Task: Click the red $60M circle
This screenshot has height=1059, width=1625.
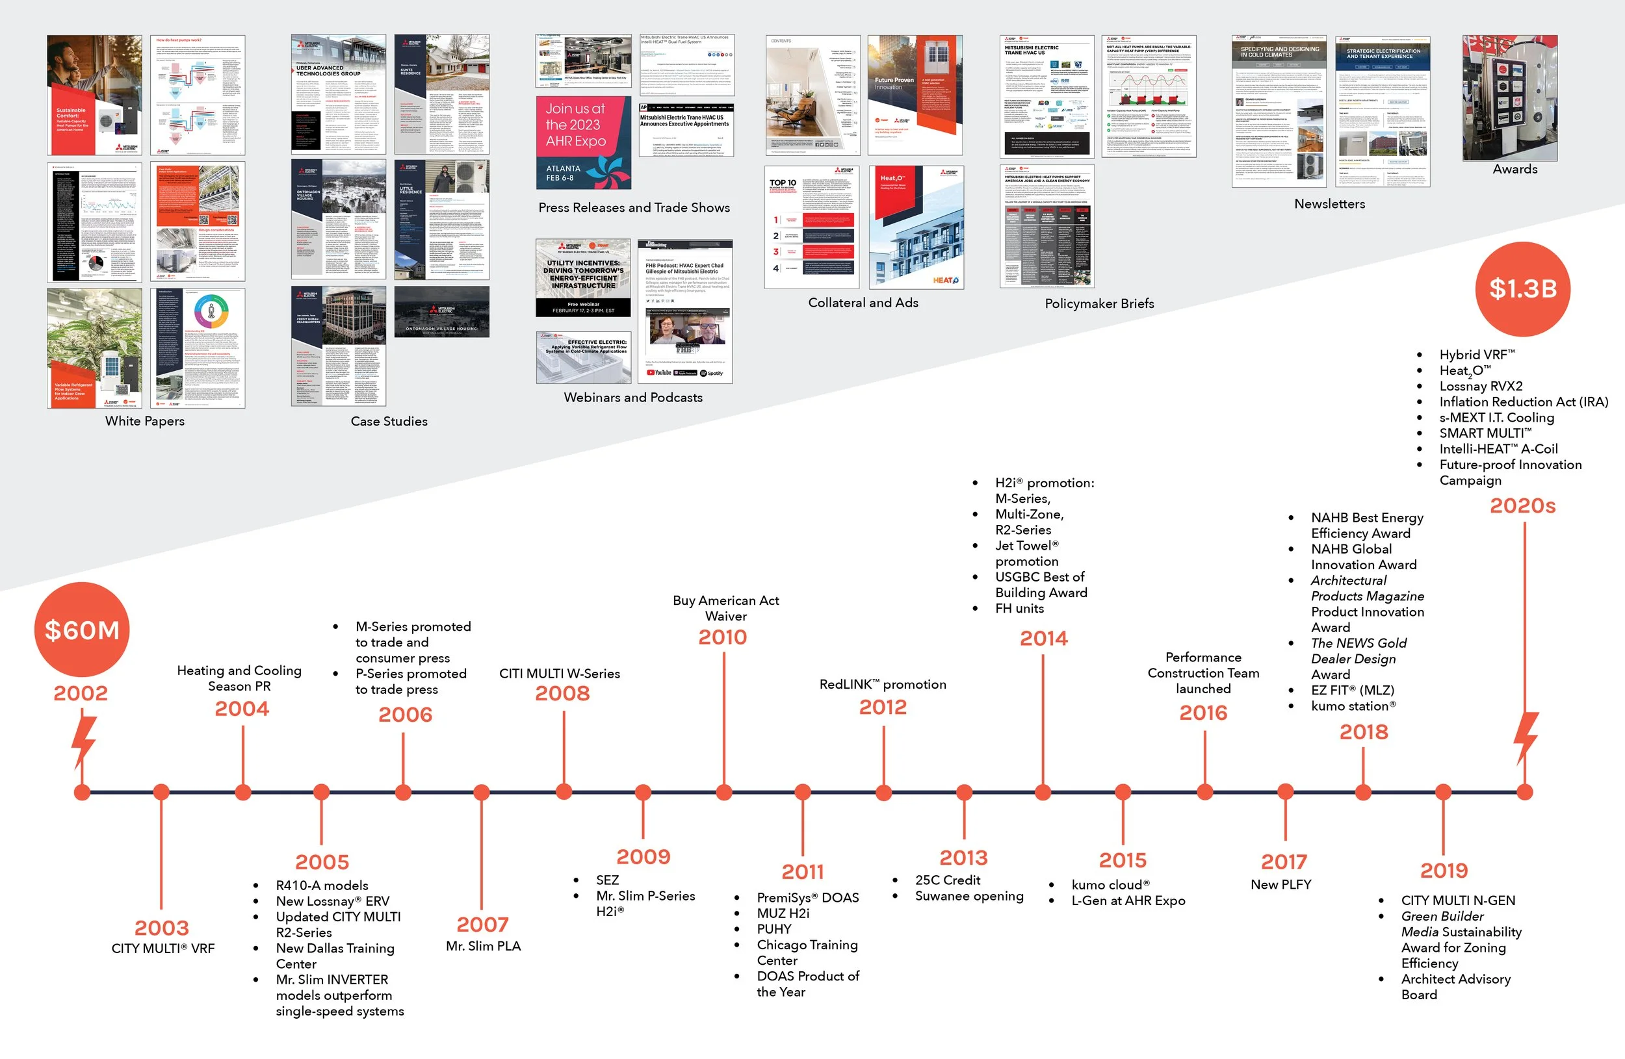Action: tap(82, 629)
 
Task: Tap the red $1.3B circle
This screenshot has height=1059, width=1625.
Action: tap(1522, 288)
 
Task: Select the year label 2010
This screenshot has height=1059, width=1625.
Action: tap(722, 637)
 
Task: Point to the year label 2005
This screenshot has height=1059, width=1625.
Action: tap(322, 861)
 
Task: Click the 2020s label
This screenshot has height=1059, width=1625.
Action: tap(1522, 505)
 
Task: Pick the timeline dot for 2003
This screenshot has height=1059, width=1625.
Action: tap(161, 791)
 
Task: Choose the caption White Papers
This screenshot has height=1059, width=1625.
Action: tap(145, 421)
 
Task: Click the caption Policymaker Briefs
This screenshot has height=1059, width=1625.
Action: tap(1099, 303)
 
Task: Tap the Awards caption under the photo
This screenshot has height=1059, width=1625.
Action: tap(1515, 169)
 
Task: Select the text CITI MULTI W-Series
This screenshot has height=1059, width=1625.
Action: tap(559, 674)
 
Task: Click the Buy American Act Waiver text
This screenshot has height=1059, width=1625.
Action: tap(726, 608)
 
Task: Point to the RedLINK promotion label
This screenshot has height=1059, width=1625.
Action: tap(882, 683)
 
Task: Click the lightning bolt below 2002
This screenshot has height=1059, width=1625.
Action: tap(83, 741)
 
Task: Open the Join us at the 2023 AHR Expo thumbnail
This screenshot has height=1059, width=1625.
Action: tap(584, 142)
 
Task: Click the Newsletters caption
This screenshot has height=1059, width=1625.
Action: tap(1329, 204)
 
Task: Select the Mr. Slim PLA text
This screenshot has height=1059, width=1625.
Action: tap(483, 946)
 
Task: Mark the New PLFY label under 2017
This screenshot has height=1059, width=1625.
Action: tap(1280, 884)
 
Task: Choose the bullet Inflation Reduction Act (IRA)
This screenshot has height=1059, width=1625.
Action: tap(1523, 402)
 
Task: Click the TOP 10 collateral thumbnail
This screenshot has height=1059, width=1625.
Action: tap(812, 228)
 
